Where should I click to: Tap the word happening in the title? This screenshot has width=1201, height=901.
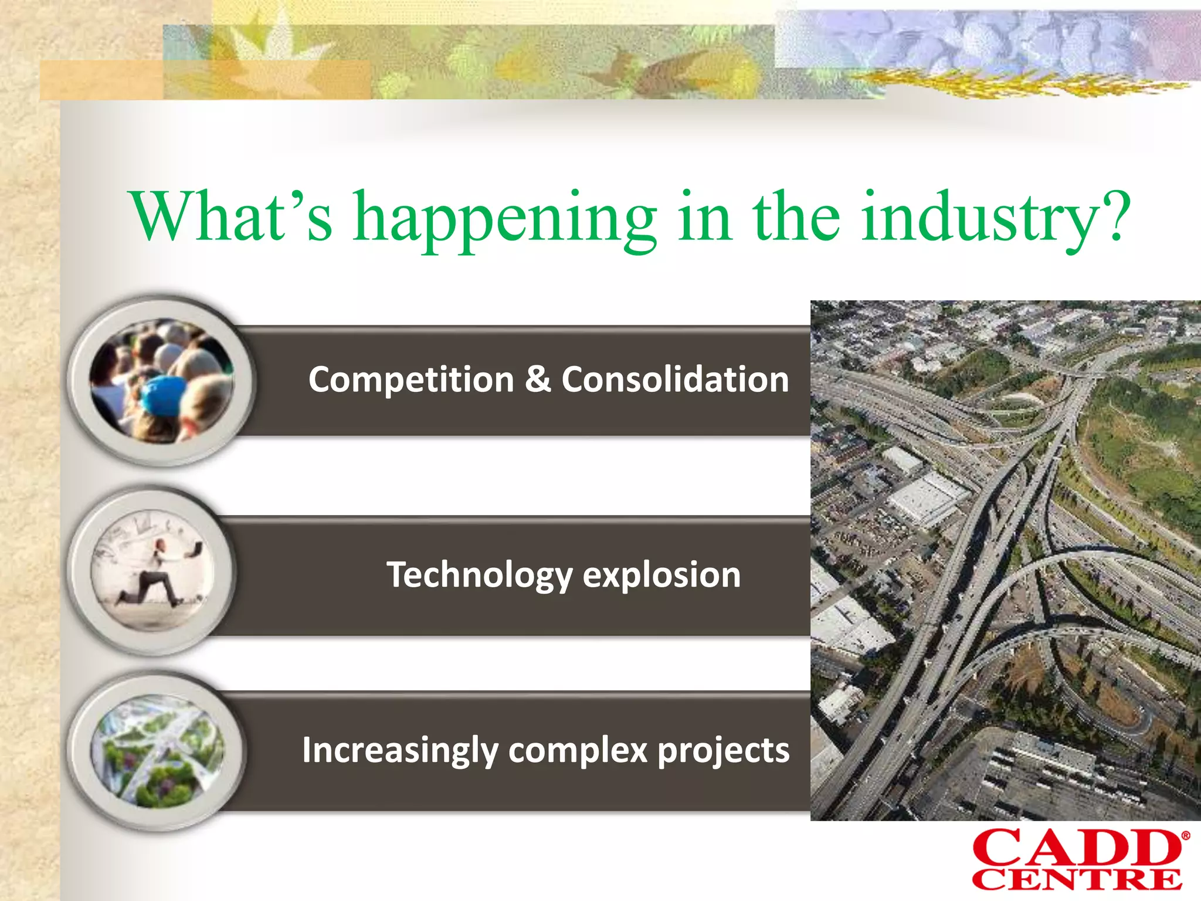505,220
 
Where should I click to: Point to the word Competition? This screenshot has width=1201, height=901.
411,380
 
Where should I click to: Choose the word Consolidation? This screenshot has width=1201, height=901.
675,380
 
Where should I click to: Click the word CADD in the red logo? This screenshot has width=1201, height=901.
1076,848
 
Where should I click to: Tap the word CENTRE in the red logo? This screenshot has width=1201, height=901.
1076,880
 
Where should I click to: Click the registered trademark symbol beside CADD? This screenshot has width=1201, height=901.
1185,836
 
